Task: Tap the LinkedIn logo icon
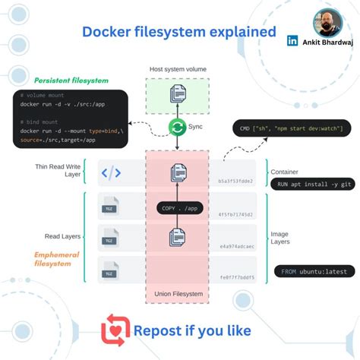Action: point(292,41)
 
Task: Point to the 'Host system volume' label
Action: point(178,69)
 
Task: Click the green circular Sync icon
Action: point(178,128)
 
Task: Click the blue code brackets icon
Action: point(111,173)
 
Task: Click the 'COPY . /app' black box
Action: point(179,207)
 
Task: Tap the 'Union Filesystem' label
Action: point(178,293)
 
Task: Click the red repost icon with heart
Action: point(115,330)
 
